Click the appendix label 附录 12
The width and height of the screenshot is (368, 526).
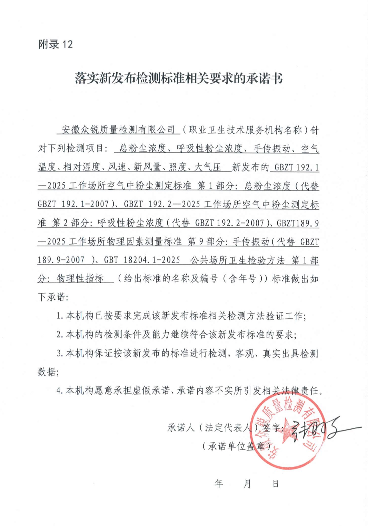pyautogui.click(x=56, y=44)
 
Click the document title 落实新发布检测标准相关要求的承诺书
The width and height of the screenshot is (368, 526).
pyautogui.click(x=179, y=78)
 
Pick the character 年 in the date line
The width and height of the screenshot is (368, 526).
pyautogui.click(x=219, y=484)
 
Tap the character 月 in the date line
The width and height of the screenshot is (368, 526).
pyautogui.click(x=247, y=484)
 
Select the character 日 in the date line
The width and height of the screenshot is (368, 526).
pyautogui.click(x=276, y=484)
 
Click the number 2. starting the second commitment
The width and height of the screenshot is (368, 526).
pyautogui.click(x=60, y=335)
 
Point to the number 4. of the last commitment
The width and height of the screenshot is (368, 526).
pyautogui.click(x=60, y=391)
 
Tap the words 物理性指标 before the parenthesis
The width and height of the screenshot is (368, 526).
pyautogui.click(x=80, y=279)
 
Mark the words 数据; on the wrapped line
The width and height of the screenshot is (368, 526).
pyautogui.click(x=48, y=372)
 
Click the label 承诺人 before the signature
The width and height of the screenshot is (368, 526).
pyautogui.click(x=181, y=428)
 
